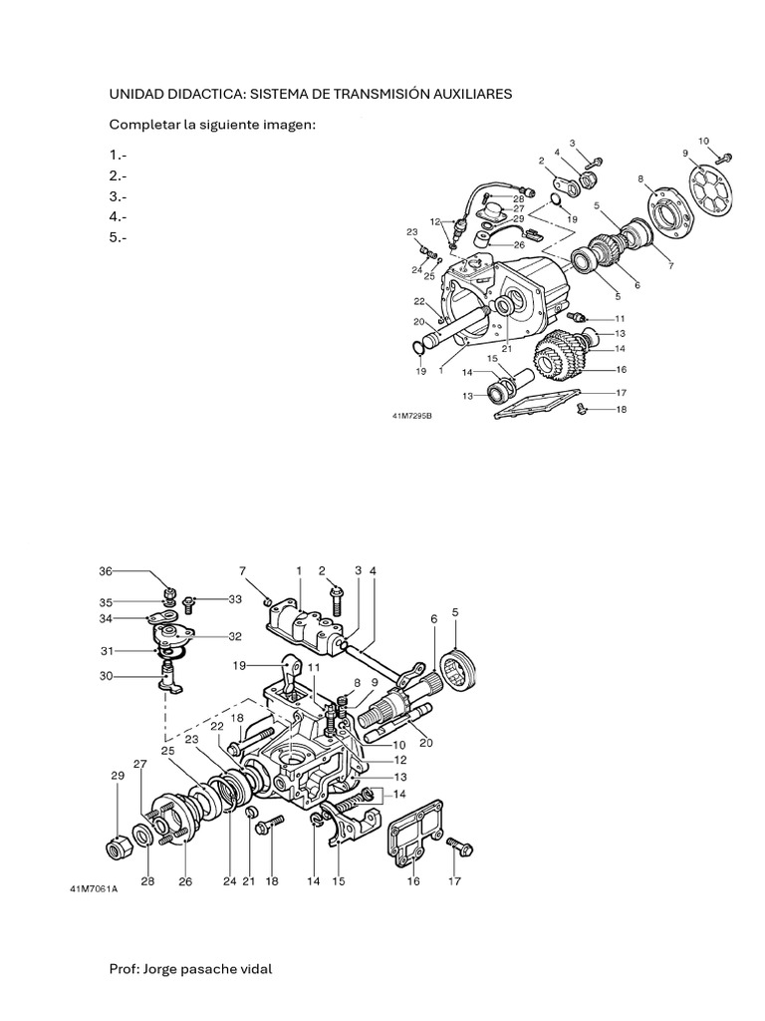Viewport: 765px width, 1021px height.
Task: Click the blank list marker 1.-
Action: click(x=118, y=155)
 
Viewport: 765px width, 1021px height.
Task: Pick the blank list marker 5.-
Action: click(x=118, y=237)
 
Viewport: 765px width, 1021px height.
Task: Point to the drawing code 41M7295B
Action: click(x=412, y=416)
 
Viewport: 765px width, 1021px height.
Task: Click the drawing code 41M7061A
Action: click(x=95, y=888)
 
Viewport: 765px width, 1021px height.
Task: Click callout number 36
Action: click(x=106, y=571)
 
